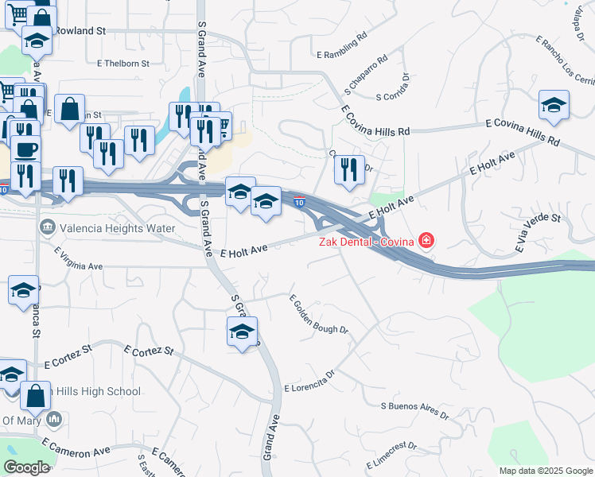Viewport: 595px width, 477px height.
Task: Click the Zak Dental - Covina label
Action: pos(366,242)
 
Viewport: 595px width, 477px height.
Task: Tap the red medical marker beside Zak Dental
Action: pos(427,240)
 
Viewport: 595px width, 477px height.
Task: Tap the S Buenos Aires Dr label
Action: pos(414,410)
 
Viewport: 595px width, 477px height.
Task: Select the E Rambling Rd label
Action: pos(341,46)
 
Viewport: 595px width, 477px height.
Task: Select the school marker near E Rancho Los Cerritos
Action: pos(554,106)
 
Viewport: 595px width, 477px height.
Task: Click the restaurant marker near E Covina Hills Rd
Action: pos(348,169)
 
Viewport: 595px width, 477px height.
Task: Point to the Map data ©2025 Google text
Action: pos(546,471)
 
